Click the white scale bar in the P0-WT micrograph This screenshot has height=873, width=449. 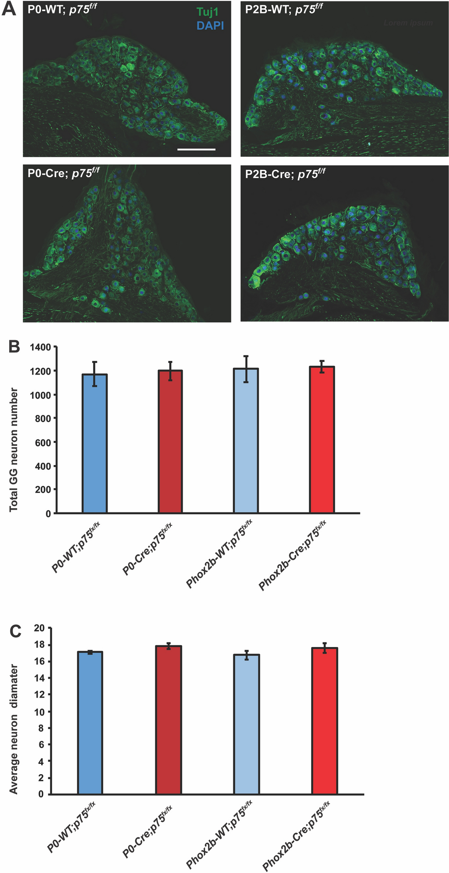[196, 149]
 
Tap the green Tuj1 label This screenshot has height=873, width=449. [207, 12]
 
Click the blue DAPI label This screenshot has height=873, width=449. [210, 26]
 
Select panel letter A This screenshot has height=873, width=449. [9, 9]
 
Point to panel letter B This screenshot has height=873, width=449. [14, 346]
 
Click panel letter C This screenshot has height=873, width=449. [15, 631]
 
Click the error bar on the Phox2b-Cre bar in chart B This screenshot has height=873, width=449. [322, 367]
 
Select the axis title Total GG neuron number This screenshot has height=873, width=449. [14, 450]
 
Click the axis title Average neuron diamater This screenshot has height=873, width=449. [14, 729]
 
